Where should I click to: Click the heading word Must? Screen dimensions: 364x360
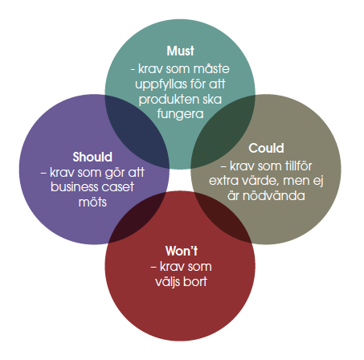coord(180,51)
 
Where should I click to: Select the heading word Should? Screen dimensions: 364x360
coord(92,157)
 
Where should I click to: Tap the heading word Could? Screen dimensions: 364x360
coord(266,148)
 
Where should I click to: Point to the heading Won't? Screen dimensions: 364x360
coord(182,251)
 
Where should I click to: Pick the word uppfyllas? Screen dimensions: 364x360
coord(162,84)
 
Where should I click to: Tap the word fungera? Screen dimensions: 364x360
coord(180,114)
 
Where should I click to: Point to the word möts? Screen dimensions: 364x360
coord(92,202)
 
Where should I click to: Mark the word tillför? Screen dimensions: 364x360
coord(298,166)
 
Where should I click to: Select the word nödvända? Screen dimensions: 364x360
coord(274,196)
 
